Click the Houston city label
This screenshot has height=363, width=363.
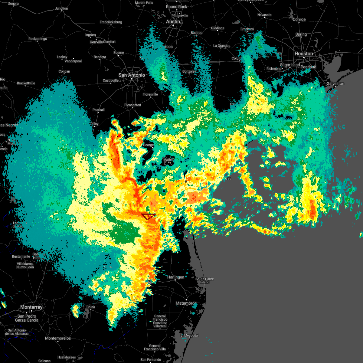(304, 54)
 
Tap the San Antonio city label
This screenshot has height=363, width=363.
(132, 75)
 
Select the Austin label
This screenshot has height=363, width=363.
(173, 21)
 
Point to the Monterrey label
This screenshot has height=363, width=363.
(31, 307)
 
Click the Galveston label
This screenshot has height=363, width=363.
(335, 83)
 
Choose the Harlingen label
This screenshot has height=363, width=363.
(176, 277)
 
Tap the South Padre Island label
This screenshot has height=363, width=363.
(204, 280)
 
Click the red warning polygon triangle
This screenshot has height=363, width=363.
(148, 216)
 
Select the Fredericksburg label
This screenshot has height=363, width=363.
(111, 22)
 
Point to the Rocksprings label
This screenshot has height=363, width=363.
(38, 39)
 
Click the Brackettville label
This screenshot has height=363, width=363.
(26, 83)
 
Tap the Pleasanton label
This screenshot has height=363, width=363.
(132, 105)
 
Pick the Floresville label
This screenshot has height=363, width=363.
(150, 94)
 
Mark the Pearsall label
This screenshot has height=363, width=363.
(99, 110)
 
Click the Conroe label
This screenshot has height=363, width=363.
(299, 19)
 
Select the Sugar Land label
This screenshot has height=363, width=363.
(290, 65)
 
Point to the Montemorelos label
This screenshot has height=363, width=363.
(58, 338)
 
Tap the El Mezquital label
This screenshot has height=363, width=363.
(190, 335)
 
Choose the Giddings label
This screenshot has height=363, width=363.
(218, 28)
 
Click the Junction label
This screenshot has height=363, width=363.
(62, 8)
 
